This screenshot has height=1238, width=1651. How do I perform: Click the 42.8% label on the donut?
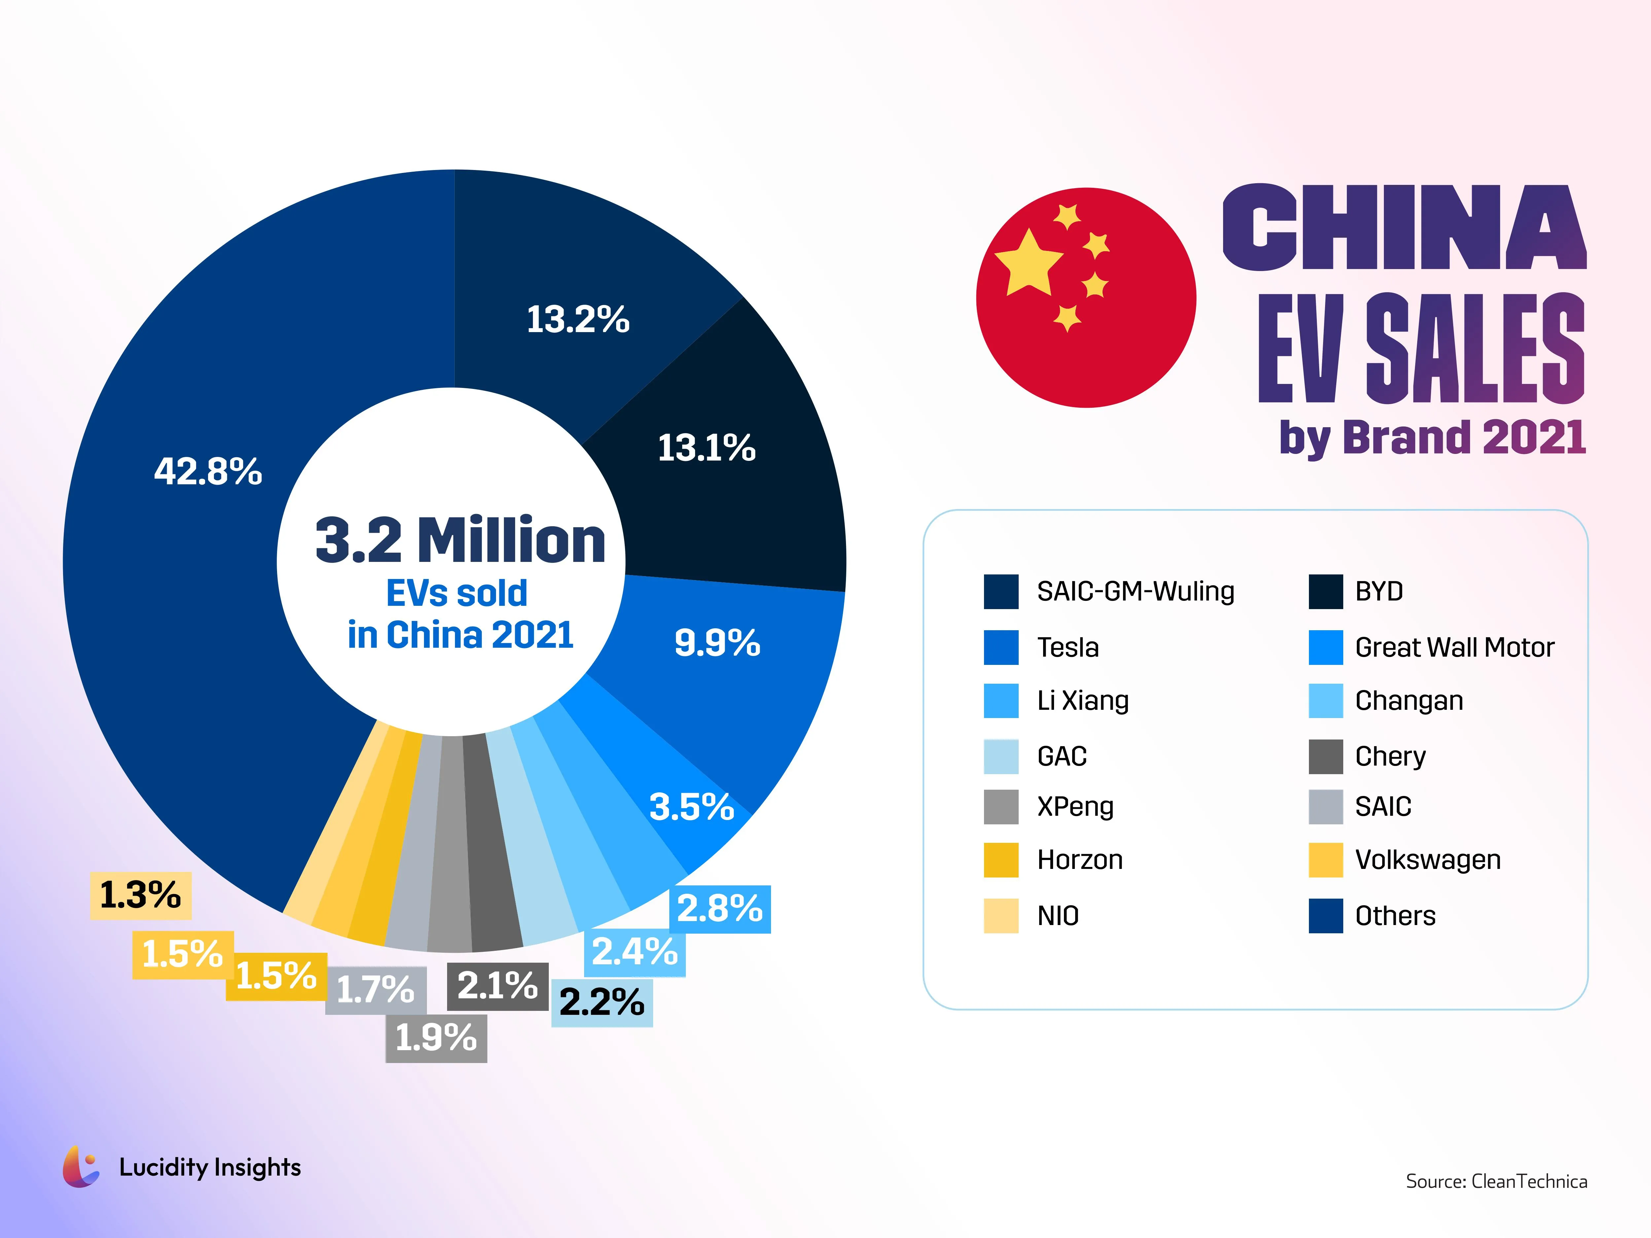click(208, 472)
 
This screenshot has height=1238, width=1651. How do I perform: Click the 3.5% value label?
click(691, 807)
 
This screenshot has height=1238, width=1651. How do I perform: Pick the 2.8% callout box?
click(720, 909)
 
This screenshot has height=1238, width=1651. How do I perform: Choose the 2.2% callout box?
click(602, 1002)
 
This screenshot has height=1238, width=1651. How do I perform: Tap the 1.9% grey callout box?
click(436, 1038)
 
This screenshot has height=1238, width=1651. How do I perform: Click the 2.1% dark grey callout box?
click(497, 986)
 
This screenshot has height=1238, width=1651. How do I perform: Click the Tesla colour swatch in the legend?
click(1001, 647)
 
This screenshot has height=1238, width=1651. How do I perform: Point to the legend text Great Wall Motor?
click(1454, 647)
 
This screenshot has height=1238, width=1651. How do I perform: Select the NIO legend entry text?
click(1058, 916)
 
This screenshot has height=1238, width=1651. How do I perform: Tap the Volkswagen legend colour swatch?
click(1325, 860)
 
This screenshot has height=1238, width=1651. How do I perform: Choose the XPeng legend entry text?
click(1075, 807)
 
